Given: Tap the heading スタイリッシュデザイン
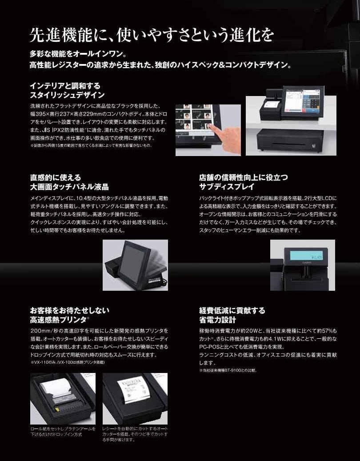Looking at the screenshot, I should (x=67, y=95).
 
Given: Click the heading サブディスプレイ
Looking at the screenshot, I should (x=227, y=187).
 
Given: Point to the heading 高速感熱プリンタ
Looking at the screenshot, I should (x=59, y=319).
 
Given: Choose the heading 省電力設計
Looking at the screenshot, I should (x=218, y=320).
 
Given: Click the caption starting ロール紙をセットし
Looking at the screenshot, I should (x=63, y=431).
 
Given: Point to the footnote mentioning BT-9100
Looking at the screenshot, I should (x=228, y=370).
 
